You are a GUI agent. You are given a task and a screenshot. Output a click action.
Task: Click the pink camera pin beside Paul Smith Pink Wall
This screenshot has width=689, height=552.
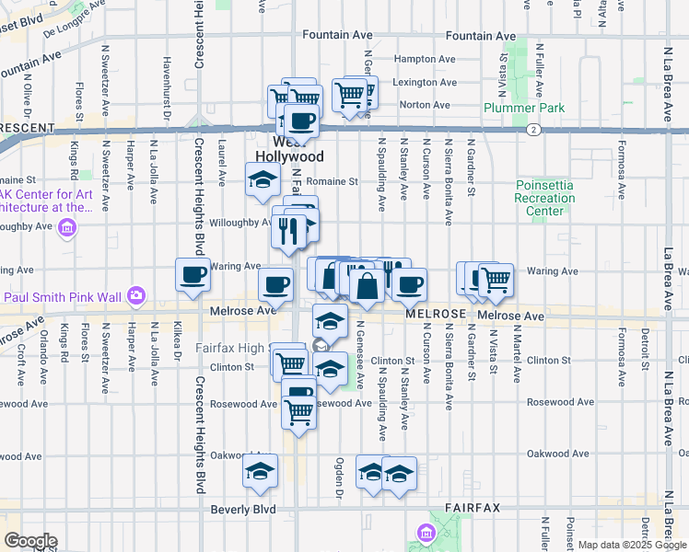pyautogui.click(x=137, y=295)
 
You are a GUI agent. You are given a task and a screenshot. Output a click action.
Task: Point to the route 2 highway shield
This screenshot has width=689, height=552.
pyautogui.click(x=533, y=130)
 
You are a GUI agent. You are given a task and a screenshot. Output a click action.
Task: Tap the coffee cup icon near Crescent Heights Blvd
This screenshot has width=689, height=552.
pyautogui.click(x=193, y=275)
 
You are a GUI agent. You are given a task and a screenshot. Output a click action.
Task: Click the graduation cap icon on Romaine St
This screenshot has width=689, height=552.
pyautogui.click(x=263, y=179)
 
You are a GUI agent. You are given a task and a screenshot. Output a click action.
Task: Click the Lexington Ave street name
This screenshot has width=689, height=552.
pyautogui.click(x=425, y=82)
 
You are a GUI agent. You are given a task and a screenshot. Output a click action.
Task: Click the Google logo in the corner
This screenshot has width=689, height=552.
pyautogui.click(x=29, y=541)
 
